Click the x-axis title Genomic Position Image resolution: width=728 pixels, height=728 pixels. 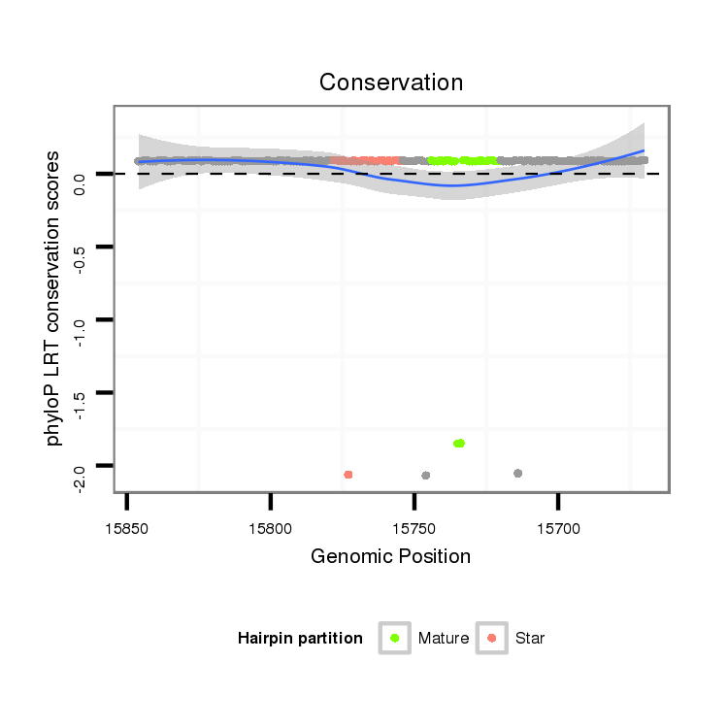click(x=390, y=556)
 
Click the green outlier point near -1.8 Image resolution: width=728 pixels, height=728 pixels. click(x=459, y=444)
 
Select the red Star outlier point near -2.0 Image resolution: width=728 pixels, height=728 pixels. click(x=348, y=475)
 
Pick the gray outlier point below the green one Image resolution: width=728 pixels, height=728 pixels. click(x=426, y=476)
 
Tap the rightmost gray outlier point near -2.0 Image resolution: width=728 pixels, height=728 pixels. click(x=518, y=474)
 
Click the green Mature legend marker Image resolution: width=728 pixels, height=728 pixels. click(x=395, y=638)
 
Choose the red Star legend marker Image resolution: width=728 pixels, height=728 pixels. click(x=492, y=638)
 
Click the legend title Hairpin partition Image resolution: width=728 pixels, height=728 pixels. click(x=300, y=639)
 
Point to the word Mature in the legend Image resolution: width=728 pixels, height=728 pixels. click(x=444, y=639)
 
